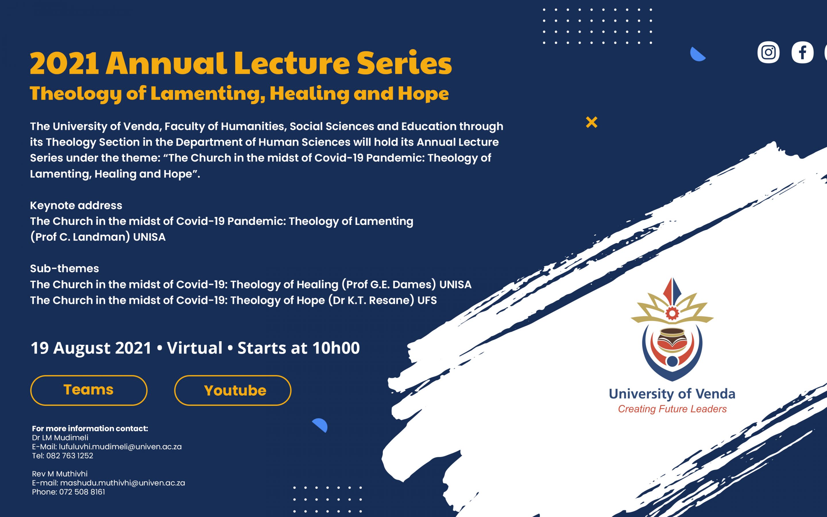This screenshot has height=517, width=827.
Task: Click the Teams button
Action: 89,390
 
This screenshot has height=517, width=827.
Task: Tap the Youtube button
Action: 233,390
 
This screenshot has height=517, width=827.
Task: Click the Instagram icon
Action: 768,52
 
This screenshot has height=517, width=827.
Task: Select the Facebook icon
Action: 802,52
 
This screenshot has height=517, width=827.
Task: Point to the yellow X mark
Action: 592,122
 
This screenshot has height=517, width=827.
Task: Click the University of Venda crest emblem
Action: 672,329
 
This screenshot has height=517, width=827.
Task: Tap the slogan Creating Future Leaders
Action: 672,409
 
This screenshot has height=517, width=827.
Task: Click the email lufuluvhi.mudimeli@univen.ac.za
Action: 120,447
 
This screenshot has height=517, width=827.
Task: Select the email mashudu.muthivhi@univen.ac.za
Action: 123,483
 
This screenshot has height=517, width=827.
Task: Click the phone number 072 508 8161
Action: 82,492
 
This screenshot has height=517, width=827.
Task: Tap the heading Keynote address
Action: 76,205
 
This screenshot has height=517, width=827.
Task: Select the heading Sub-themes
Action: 64,269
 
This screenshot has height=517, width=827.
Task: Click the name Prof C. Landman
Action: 82,237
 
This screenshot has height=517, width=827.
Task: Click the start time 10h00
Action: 336,348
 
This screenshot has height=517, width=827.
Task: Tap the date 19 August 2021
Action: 91,348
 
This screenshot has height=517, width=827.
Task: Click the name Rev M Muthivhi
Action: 60,474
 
